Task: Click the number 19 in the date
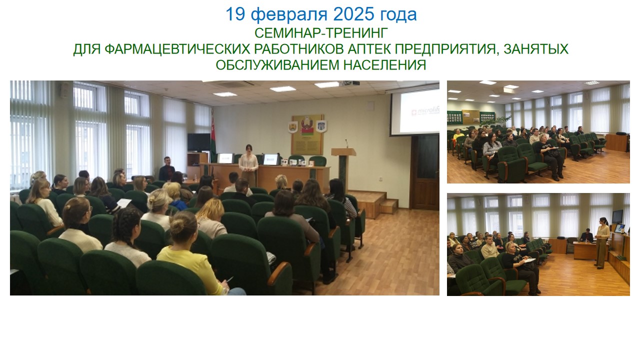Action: (x=235, y=14)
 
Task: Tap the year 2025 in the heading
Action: (x=353, y=14)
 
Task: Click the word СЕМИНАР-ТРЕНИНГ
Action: (x=321, y=33)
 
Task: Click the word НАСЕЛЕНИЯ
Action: (x=384, y=65)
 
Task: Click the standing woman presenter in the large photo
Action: (x=248, y=165)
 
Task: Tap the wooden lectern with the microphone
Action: (x=343, y=168)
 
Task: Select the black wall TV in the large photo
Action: (x=199, y=142)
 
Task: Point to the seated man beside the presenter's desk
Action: (x=167, y=169)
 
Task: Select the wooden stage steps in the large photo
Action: (x=373, y=203)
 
